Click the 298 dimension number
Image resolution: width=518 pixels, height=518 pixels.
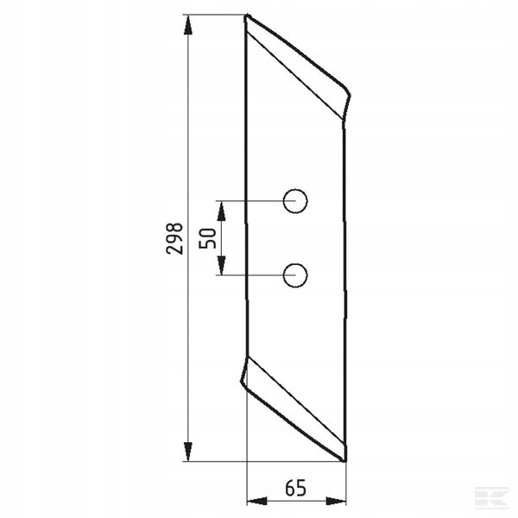(174, 238)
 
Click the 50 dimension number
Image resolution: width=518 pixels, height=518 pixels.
(207, 238)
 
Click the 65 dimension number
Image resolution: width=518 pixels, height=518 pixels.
(295, 488)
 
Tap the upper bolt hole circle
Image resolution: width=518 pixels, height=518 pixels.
(295, 189)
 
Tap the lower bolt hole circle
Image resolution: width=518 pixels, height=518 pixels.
(295, 263)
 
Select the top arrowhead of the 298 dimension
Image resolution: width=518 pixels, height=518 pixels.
(188, 25)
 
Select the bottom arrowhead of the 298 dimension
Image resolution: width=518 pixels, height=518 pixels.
(188, 452)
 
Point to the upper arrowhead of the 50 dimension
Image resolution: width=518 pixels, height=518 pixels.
(221, 211)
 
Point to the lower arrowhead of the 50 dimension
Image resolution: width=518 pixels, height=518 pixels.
(221, 265)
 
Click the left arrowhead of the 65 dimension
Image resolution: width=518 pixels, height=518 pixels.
(257, 501)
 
